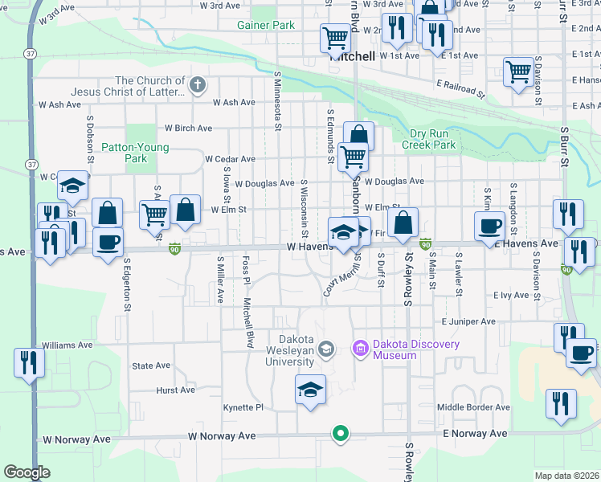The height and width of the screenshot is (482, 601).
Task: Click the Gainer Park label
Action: click(x=265, y=25)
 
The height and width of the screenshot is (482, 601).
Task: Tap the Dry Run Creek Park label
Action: click(x=432, y=139)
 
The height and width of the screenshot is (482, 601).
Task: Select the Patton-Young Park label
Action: click(x=124, y=153)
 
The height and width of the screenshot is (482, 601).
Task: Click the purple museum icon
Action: click(x=359, y=348)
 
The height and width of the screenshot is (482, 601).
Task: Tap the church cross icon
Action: click(x=198, y=84)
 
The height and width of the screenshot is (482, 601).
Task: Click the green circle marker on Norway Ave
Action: click(x=341, y=435)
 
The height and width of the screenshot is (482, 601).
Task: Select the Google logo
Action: click(x=27, y=472)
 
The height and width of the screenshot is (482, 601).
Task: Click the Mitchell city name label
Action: click(x=352, y=57)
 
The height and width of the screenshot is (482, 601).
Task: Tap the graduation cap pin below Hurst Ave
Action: click(x=310, y=390)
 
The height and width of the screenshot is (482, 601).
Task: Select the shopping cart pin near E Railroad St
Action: click(x=519, y=71)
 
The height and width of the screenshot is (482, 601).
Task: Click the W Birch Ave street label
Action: click(x=188, y=128)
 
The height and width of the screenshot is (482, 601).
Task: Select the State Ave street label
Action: click(x=151, y=366)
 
